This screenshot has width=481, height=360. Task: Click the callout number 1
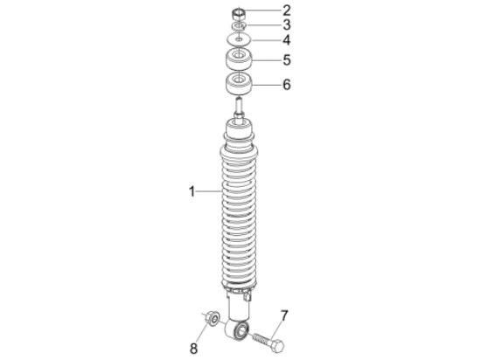[x=192, y=191]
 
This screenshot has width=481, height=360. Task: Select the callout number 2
[x=287, y=10]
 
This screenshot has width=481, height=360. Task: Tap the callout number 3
[x=287, y=24]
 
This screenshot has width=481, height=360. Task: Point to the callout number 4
[x=287, y=40]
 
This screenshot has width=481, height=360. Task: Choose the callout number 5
[x=287, y=60]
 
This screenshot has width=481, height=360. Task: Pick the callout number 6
[x=287, y=85]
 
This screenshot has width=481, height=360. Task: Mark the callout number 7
[x=284, y=315]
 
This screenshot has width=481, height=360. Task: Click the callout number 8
[x=193, y=349]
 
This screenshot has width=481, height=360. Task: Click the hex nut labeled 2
[x=239, y=14]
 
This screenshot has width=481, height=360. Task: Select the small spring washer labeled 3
[x=239, y=26]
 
